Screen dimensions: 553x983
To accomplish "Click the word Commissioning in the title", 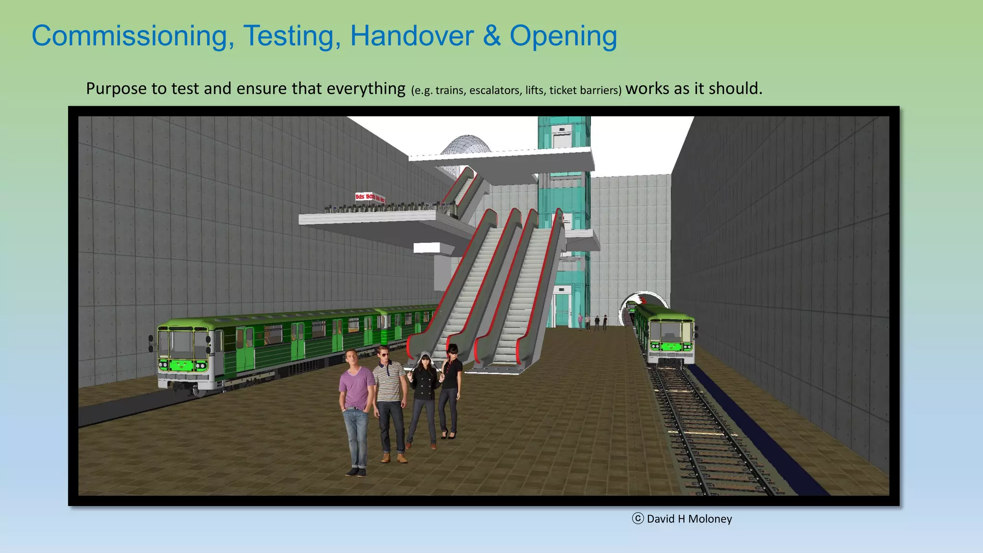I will pos(133,36).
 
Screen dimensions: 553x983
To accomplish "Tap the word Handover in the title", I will pos(412,36).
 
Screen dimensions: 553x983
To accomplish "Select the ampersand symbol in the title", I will pos(491,36).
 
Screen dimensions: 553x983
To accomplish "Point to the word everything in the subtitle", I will pos(366,89).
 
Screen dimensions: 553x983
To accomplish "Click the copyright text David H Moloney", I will pos(689,519).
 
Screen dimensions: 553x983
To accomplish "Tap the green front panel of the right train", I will pos(671,346).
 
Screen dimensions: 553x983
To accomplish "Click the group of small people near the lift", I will pos(593,323).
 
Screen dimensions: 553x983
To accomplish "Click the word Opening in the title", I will pos(563,36).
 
